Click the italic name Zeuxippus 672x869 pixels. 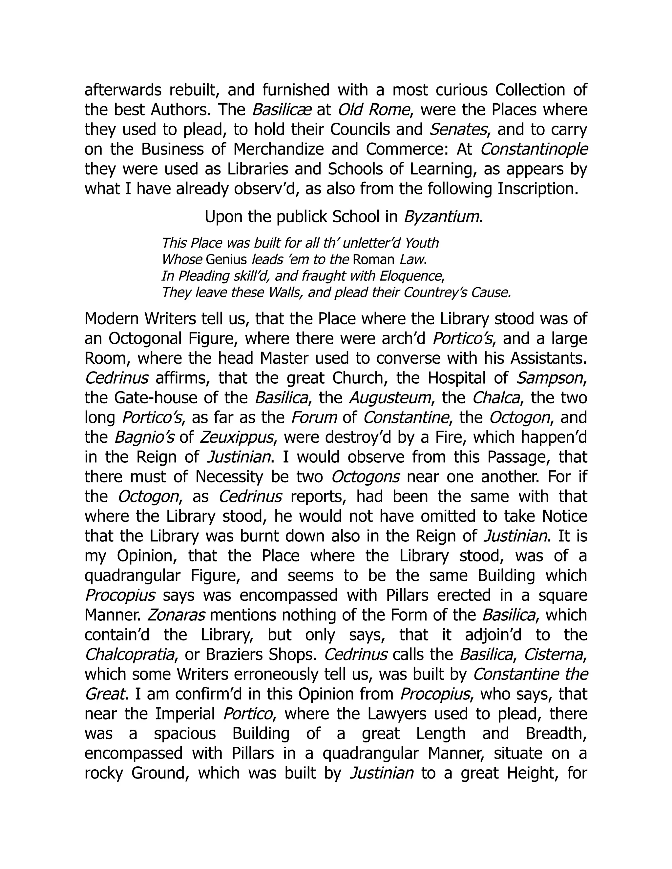[x=237, y=437]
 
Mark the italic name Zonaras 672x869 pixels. [x=176, y=615]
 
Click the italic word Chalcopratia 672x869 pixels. [x=130, y=655]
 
